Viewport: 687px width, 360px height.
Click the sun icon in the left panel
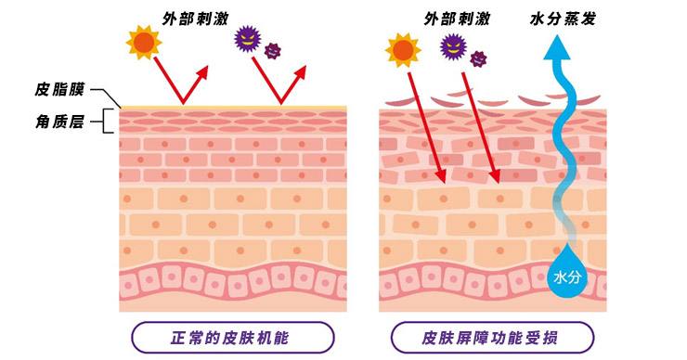point(145,43)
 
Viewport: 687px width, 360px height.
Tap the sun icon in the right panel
point(403,50)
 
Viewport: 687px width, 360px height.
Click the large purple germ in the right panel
point(453,43)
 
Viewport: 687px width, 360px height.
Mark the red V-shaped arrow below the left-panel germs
point(280,88)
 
